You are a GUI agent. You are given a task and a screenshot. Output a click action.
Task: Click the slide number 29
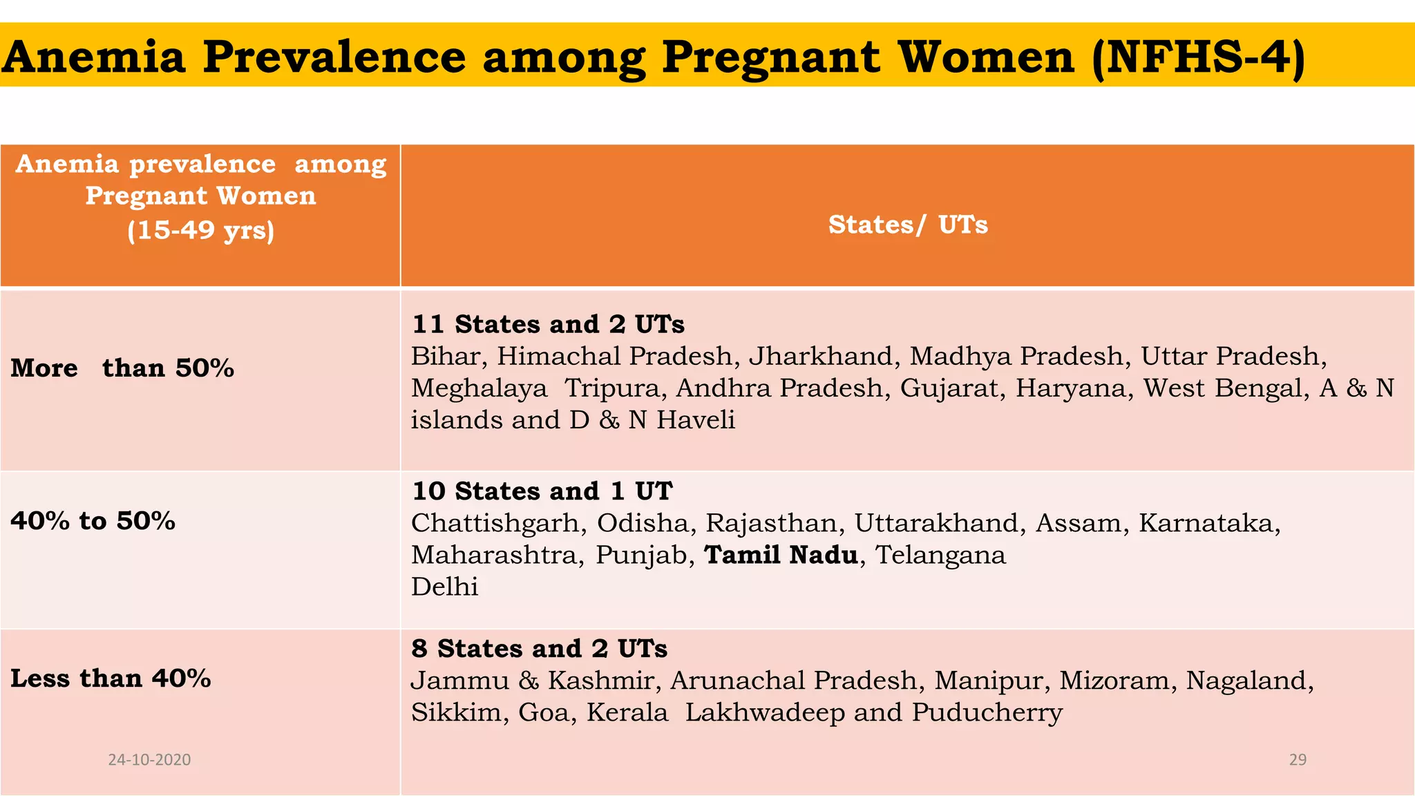tap(1298, 759)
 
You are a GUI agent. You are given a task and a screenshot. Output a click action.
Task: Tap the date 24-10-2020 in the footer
tap(149, 759)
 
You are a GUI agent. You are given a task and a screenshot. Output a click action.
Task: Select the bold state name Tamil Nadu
tap(781, 555)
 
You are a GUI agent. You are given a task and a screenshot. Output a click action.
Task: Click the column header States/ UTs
tap(908, 225)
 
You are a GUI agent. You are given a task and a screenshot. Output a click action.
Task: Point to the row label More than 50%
tap(122, 368)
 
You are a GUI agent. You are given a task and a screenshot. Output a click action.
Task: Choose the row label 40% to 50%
tap(93, 520)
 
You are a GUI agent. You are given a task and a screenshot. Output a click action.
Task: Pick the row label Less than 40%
tap(111, 678)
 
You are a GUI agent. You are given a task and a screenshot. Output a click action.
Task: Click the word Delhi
tap(444, 587)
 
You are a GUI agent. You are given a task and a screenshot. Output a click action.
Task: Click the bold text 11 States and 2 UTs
tap(548, 324)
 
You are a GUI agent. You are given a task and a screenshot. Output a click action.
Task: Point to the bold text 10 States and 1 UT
tap(542, 491)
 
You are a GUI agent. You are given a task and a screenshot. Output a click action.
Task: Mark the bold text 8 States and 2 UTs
tap(539, 649)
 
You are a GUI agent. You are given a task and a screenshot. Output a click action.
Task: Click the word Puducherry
tap(987, 712)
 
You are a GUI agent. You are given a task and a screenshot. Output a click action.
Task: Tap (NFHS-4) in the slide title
tap(1199, 57)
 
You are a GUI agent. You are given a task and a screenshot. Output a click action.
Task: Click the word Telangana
tap(940, 555)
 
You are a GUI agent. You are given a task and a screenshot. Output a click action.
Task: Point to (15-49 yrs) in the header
tap(200, 229)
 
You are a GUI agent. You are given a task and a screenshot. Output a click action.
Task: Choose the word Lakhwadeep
tap(765, 712)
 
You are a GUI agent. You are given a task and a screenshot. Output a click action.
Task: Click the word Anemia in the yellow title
tap(94, 57)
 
